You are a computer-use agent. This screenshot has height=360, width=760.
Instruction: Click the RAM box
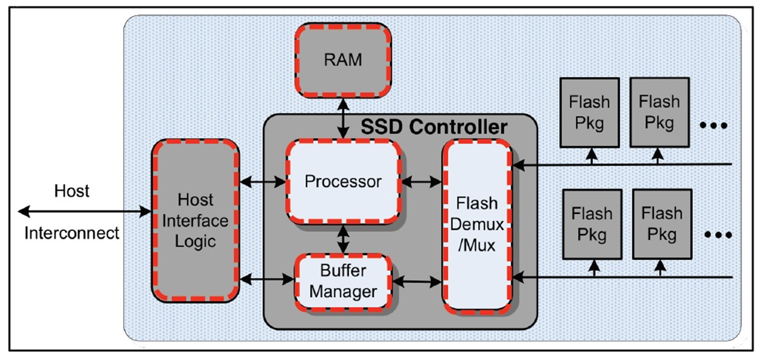343,60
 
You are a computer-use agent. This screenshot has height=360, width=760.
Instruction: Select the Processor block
343,182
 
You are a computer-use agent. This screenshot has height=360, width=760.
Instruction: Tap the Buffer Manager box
343,282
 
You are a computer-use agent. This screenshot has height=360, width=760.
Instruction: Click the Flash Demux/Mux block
477,225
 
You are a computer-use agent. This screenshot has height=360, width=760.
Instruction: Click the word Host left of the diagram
72,191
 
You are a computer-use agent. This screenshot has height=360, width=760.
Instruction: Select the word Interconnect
72,233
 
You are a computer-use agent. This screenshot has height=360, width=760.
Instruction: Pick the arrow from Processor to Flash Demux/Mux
421,181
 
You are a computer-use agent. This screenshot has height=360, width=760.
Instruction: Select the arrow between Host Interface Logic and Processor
262,181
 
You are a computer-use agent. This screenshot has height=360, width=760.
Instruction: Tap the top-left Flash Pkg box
590,112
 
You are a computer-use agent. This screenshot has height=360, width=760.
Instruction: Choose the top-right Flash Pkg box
659,112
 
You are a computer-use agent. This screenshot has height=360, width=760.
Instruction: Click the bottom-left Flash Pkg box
592,223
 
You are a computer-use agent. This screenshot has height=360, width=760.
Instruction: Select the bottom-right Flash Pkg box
662,223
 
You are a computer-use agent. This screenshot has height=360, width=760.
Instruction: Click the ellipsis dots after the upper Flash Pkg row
714,125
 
